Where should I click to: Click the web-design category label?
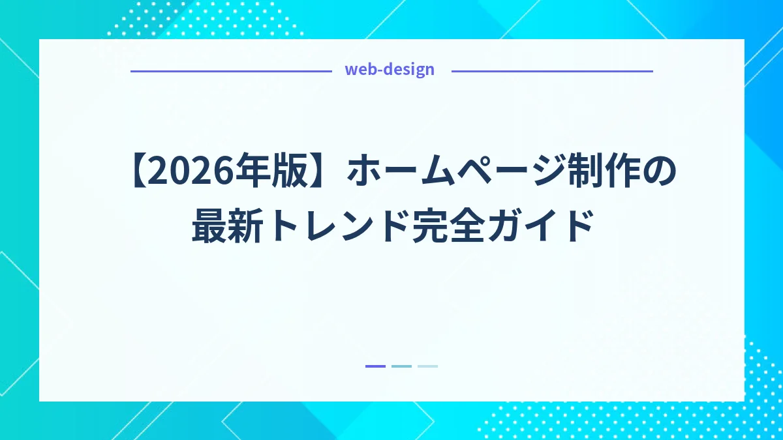click(389, 70)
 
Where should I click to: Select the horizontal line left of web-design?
click(231, 71)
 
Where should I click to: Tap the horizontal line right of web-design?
click(552, 71)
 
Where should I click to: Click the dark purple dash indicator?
click(375, 366)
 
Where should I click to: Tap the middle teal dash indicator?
click(401, 366)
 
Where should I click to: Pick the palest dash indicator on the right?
click(427, 366)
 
